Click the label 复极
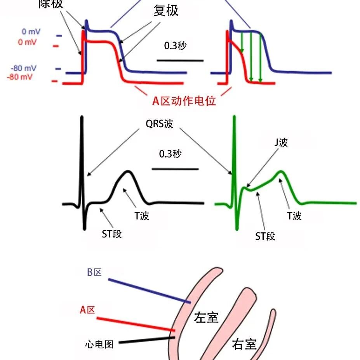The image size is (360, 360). pos(166,10)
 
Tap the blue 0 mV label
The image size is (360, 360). pos(31,31)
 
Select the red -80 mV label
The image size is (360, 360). pos(19,77)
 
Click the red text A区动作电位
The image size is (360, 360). pos(184,101)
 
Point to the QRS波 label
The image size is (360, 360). pos(159,124)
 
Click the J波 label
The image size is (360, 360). pos(281,142)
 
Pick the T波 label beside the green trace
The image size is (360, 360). pos(294,216)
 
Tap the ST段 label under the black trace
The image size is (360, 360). pos(112,234)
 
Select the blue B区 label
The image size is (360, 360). pos(94,272)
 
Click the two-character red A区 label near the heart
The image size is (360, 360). pos(87,310)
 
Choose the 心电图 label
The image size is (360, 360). pos(99,344)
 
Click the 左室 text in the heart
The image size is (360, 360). pos(206,318)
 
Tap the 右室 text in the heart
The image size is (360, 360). pos(244,344)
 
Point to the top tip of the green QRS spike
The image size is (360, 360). pos(234,116)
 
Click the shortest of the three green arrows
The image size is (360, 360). pos(242,42)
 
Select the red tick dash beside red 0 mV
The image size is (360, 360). pos(56,46)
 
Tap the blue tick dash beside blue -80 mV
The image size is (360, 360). pos(58,69)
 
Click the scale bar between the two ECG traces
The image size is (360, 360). pos(175,169)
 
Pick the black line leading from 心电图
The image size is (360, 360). pos(147,340)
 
